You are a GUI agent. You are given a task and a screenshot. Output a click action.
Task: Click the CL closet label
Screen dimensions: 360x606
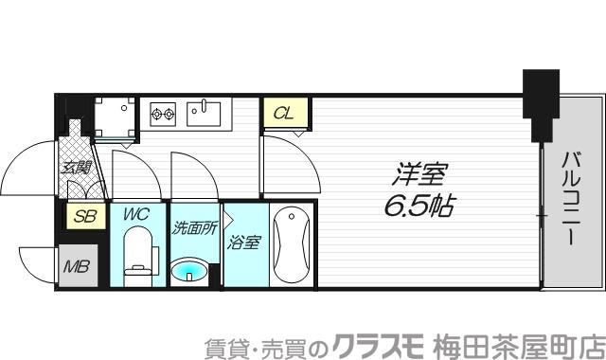[282, 115]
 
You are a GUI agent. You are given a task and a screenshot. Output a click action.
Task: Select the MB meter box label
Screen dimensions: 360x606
[76, 265]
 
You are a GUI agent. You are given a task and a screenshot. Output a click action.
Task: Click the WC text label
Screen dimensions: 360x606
[138, 214]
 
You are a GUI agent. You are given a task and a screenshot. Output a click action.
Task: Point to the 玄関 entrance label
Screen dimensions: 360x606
[74, 169]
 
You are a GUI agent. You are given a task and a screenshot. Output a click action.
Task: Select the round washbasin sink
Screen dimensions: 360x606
[192, 273]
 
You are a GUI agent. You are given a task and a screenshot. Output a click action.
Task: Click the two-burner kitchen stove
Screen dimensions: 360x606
[163, 115]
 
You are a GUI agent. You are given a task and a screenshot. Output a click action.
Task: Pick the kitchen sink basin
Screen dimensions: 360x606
[203, 114]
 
